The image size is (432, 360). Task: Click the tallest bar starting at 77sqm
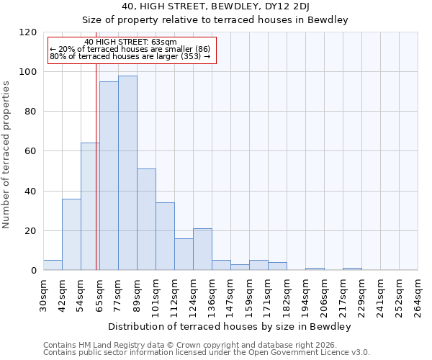click(127, 173)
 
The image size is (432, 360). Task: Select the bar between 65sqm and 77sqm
click(109, 176)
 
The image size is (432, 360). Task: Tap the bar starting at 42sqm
click(71, 234)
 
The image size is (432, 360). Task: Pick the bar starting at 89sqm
click(146, 220)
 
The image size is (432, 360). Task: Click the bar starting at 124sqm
click(202, 249)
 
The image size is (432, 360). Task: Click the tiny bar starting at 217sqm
click(352, 269)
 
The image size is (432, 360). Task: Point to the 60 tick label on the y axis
click(30, 151)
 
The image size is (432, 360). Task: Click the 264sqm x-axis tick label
click(418, 295)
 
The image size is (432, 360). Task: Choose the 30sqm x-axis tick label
click(44, 295)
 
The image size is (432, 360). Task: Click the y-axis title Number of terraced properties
click(7, 154)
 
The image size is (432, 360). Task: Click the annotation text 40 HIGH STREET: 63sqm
click(130, 42)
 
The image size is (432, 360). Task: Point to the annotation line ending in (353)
click(130, 56)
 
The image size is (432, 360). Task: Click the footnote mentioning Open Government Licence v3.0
click(207, 353)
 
